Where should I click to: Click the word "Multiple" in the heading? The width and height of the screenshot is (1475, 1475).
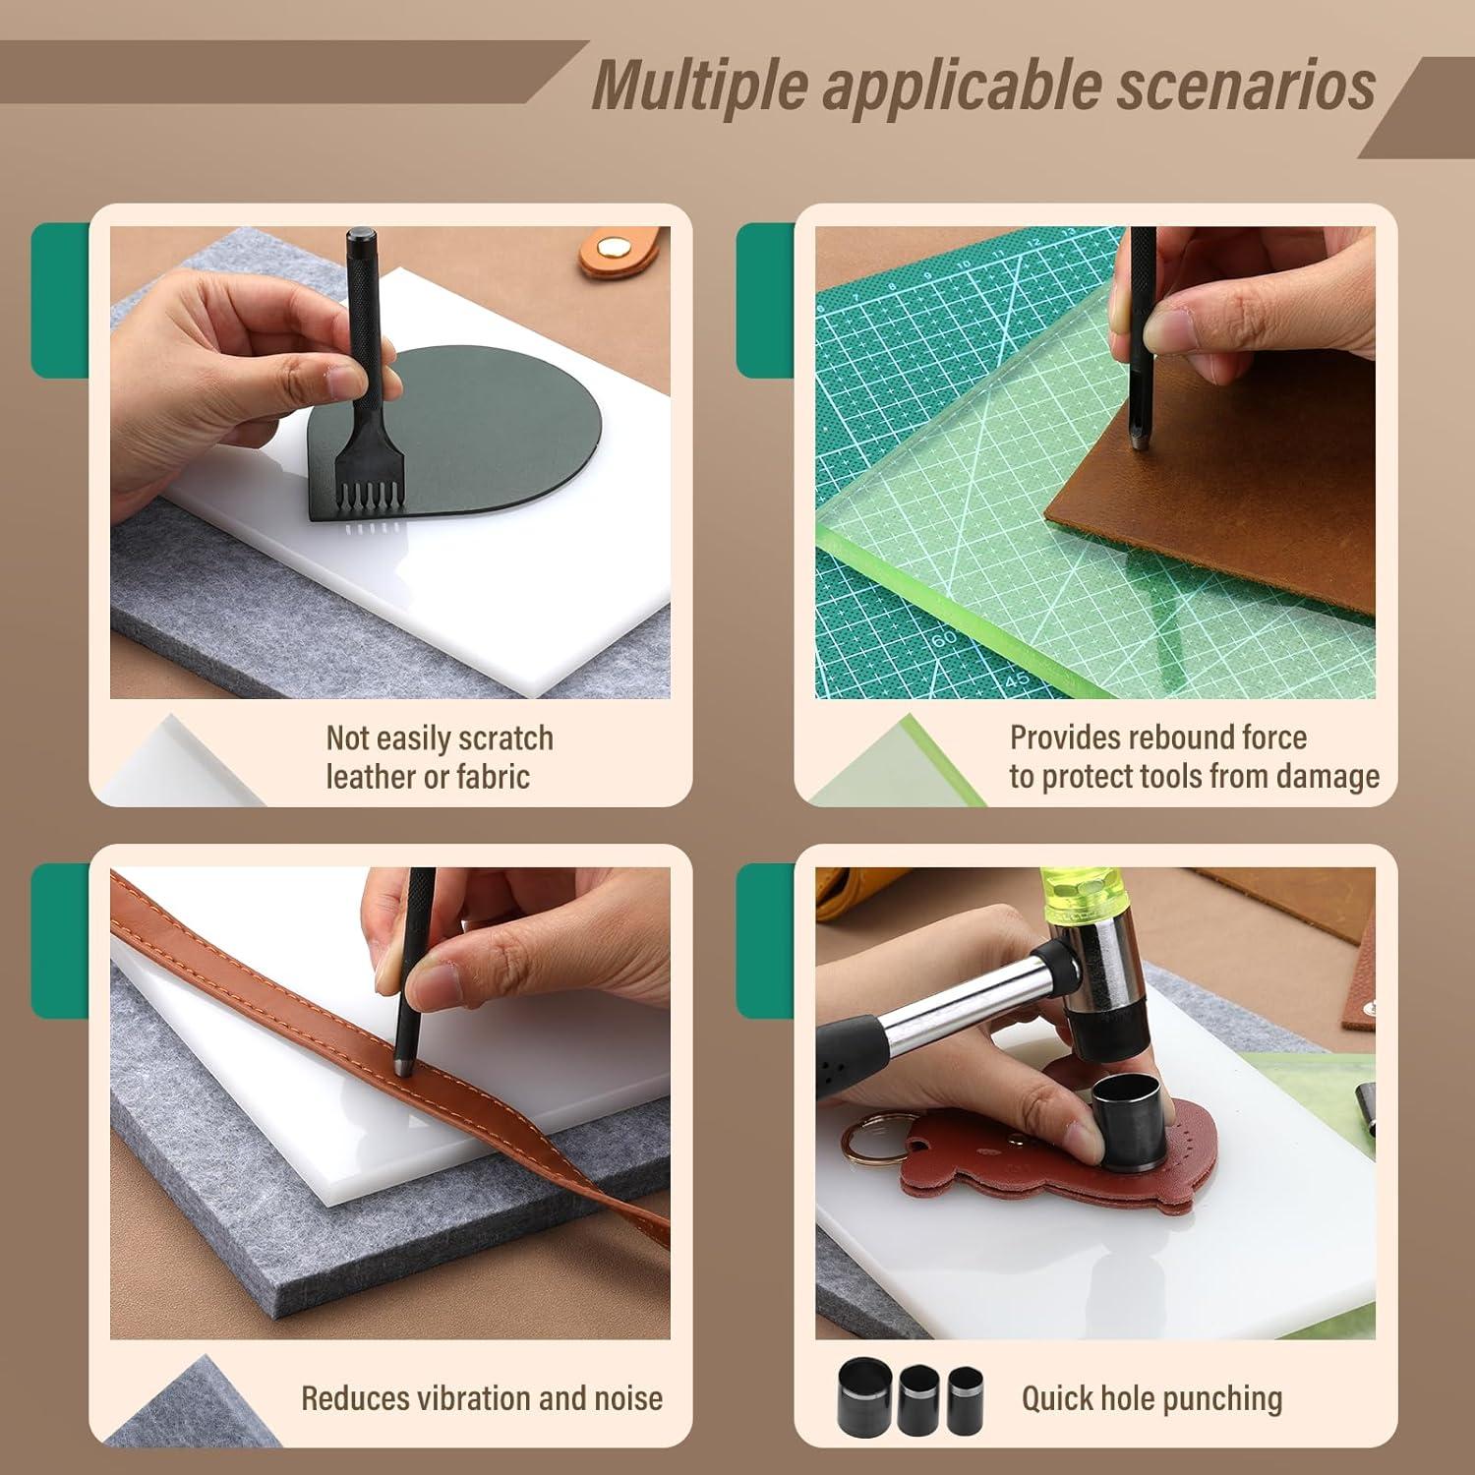tap(700, 86)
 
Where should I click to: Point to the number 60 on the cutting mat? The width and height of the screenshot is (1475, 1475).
tap(943, 639)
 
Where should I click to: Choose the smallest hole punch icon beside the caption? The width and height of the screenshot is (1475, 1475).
tap(965, 1398)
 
